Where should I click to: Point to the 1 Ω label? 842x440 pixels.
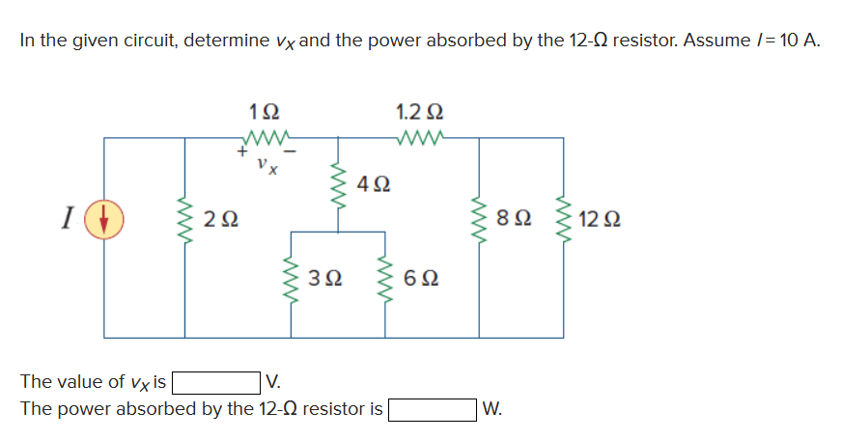[265, 108]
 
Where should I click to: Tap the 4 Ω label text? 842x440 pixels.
[372, 182]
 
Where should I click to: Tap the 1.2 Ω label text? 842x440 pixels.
[419, 108]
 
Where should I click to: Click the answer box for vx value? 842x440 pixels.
[214, 383]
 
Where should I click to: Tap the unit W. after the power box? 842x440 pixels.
[491, 409]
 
